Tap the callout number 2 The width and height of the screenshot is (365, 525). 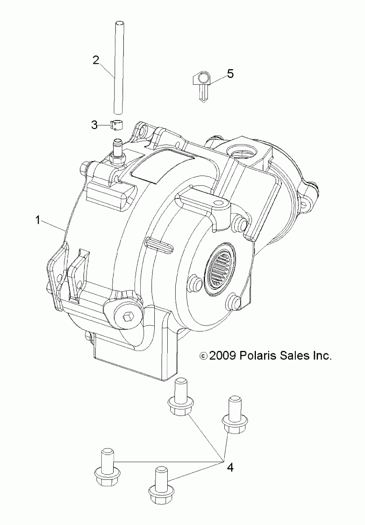point(96,60)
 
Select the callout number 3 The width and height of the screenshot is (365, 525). point(94,125)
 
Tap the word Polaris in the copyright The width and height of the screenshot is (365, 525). point(258,356)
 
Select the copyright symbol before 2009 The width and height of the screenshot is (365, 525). point(203,356)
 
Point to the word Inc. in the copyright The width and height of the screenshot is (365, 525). point(322,356)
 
